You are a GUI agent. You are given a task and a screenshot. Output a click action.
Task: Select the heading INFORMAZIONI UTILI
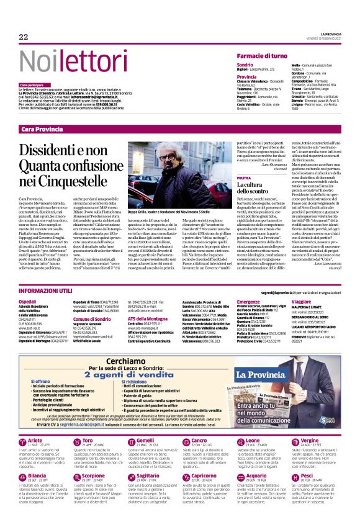point(49,291)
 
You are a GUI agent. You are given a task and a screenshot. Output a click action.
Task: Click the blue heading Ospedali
point(28,300)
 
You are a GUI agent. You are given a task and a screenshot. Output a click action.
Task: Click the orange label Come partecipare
point(35,84)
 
